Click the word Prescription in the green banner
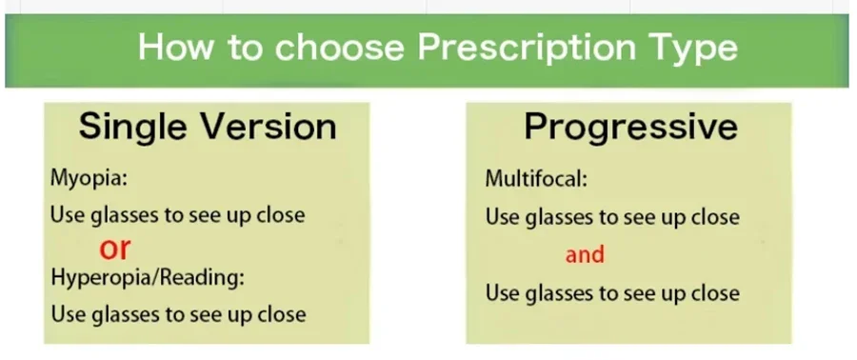click(x=527, y=47)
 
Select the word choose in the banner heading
click(x=339, y=47)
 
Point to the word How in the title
click(x=175, y=47)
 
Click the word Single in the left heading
click(x=134, y=128)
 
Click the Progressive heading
click(x=630, y=129)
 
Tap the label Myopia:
click(x=89, y=180)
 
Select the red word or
click(x=115, y=250)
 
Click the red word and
click(x=585, y=254)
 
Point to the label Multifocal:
click(x=536, y=179)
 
